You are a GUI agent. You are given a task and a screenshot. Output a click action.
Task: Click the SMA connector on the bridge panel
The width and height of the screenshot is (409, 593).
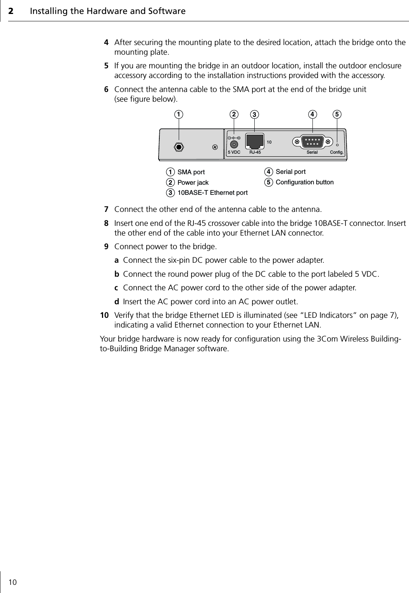coord(179,147)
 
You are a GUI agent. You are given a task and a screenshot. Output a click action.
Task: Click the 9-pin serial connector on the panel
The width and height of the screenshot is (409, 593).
coord(312,142)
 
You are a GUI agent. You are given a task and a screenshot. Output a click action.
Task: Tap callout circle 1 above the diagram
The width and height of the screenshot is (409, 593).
coord(179,114)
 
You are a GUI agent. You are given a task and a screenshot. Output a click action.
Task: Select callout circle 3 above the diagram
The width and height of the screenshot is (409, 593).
coord(254,114)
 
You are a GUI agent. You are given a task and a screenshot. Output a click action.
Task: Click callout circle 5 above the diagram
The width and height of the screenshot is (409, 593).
coord(337,114)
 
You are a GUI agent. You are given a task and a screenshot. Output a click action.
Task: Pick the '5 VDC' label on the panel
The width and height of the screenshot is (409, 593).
coord(234,153)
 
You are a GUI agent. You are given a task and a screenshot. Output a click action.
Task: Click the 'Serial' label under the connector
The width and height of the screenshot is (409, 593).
coord(312,153)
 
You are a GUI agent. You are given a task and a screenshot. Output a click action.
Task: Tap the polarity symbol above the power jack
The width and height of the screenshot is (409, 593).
coord(234,138)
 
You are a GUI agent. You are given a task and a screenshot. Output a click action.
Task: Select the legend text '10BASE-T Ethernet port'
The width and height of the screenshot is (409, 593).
coord(212,192)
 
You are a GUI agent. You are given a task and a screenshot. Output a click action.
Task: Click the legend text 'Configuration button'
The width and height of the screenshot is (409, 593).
coord(304,182)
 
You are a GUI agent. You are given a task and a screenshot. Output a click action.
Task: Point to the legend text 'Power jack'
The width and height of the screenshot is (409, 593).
coord(193,182)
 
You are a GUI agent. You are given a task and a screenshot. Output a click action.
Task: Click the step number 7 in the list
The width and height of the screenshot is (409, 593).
coord(105,210)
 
